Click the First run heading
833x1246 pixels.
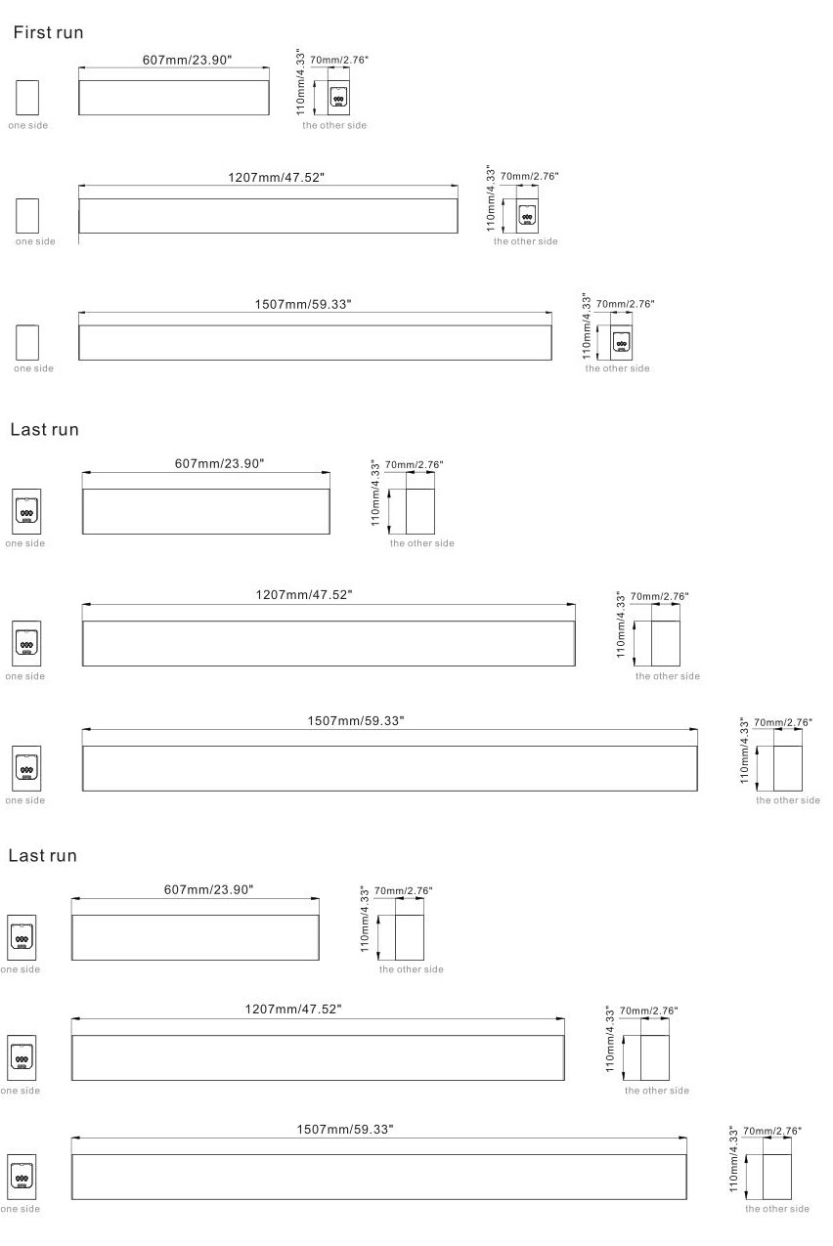coord(46,32)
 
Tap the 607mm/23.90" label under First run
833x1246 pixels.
coord(187,60)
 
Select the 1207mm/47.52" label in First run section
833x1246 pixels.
coord(276,177)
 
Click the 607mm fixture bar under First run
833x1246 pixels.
coord(173,98)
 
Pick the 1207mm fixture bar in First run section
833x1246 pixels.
coord(268,216)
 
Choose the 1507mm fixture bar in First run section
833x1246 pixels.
coord(315,342)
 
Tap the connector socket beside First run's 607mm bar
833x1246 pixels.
coord(338,100)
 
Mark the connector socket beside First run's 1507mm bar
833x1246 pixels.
coord(621,343)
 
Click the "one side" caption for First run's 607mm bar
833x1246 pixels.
coord(27,125)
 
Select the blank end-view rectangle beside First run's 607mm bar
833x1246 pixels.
coord(27,98)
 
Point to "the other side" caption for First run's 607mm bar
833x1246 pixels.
coord(334,125)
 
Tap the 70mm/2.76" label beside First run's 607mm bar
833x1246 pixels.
coord(339,60)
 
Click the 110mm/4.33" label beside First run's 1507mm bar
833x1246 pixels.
coord(587,328)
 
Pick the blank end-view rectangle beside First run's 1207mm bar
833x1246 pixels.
coord(27,215)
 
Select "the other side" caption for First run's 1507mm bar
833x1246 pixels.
coord(617,368)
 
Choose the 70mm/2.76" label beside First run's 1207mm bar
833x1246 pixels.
coord(529,176)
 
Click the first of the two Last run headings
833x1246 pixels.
coord(43,429)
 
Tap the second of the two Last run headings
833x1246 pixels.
coord(42,856)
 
